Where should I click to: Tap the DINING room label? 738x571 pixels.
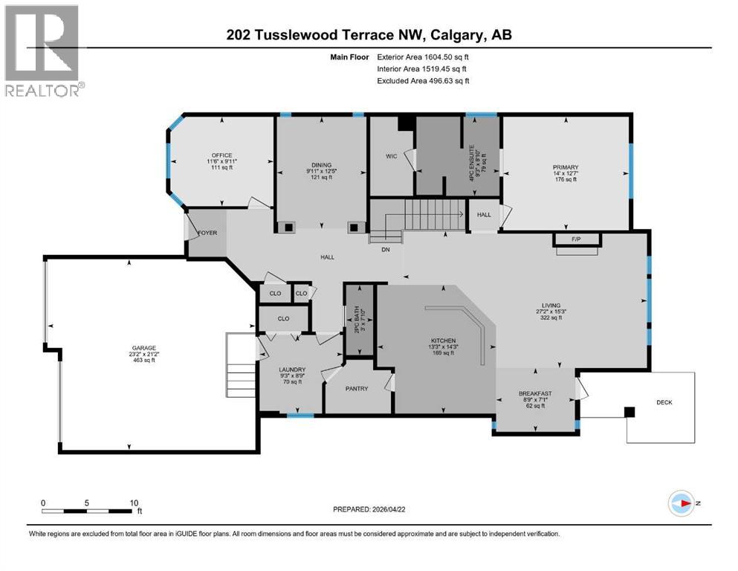click(321, 165)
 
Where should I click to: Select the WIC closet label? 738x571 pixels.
click(391, 156)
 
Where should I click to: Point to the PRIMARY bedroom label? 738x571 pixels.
click(565, 167)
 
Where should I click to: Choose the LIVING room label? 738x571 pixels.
click(550, 304)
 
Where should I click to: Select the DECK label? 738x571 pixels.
click(664, 402)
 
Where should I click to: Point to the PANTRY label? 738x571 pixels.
click(357, 388)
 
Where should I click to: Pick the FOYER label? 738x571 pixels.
click(207, 233)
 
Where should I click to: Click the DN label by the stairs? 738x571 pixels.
click(385, 249)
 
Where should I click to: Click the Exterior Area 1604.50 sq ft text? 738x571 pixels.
click(423, 57)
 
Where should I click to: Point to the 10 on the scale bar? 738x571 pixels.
click(134, 503)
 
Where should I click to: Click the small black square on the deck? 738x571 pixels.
click(630, 412)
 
